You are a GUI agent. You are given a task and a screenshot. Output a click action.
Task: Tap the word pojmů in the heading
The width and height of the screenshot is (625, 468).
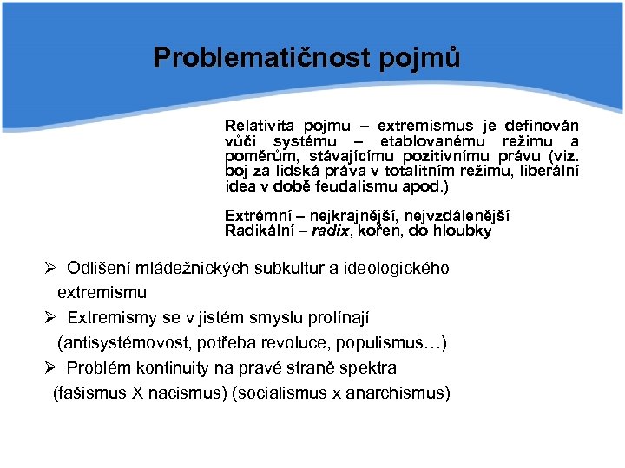(x=419, y=58)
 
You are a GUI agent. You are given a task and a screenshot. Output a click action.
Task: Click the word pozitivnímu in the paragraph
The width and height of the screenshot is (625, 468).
(x=452, y=156)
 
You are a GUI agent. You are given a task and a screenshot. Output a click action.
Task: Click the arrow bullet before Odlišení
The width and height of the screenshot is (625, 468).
(x=53, y=268)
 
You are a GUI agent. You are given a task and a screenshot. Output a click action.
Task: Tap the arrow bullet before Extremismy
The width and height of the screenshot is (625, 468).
(x=53, y=317)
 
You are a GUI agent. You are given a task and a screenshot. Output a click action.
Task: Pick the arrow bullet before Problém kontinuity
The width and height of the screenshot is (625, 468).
(x=53, y=367)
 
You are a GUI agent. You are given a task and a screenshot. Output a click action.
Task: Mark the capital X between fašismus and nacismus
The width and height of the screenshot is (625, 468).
(x=138, y=393)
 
